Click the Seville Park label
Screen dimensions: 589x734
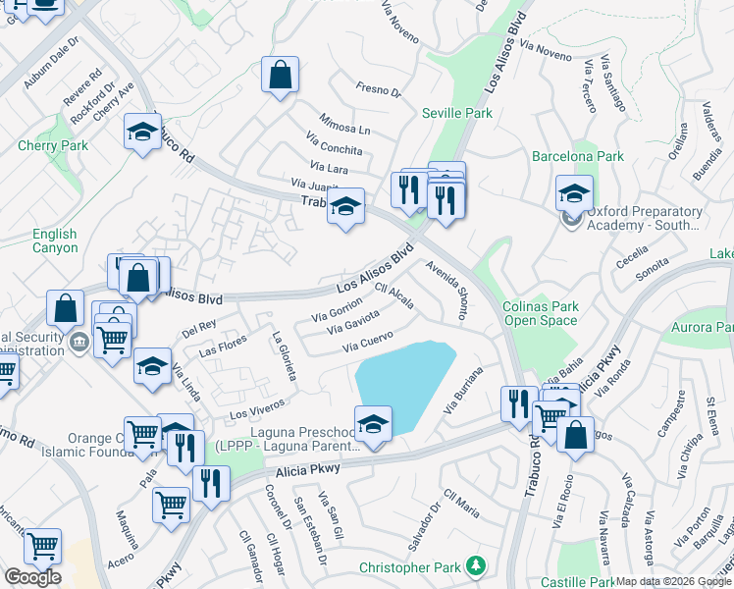pos(457,113)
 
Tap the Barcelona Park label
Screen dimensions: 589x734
pos(578,156)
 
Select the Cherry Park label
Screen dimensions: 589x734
pos(53,146)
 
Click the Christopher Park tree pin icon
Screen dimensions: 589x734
pos(476,565)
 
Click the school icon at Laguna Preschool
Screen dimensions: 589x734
pos(373,423)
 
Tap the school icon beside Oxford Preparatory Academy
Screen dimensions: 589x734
pos(574,192)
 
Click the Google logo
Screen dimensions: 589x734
pos(32,577)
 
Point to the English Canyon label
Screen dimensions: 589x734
pos(54,241)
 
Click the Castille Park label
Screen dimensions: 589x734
pos(577,582)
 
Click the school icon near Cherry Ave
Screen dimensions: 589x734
pos(142,132)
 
